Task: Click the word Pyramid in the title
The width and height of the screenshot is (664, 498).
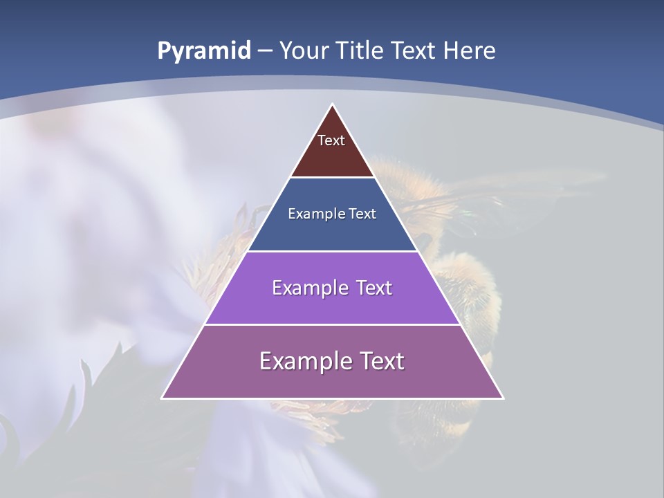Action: click(203, 51)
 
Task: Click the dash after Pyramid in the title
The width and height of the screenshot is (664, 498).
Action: click(265, 51)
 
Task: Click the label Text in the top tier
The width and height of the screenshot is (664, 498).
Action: click(331, 140)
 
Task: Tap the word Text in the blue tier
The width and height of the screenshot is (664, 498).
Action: click(362, 214)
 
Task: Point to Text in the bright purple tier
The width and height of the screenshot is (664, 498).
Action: click(372, 288)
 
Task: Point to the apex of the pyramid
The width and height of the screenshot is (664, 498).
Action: click(332, 105)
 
